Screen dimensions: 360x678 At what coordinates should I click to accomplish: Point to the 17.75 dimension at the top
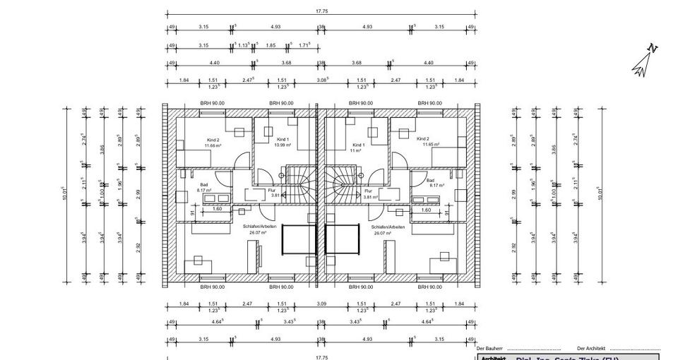(321, 11)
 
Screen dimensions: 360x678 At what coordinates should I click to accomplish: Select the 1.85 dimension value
(270, 45)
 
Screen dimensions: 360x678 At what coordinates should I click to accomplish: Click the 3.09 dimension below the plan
(322, 304)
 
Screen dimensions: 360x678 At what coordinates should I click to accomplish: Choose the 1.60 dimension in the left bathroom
(217, 210)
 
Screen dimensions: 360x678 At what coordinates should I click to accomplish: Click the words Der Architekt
(591, 349)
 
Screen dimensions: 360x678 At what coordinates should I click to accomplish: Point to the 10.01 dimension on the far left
(64, 193)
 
